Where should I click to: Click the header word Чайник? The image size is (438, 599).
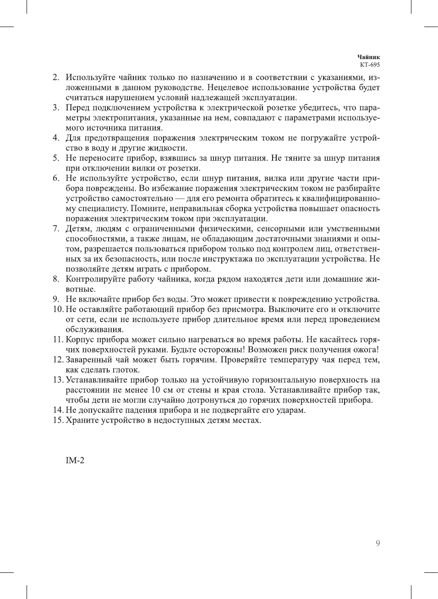coord(368,57)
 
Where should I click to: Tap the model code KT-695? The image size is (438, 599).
coord(370,65)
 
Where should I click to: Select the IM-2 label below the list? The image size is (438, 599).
coord(75,461)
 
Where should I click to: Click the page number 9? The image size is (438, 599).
coord(378,544)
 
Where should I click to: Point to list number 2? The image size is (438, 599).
coord(56,77)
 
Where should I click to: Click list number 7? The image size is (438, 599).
coord(56,229)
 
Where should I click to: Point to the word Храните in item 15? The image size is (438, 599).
coord(82,420)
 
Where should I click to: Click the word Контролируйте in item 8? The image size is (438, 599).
coord(95,279)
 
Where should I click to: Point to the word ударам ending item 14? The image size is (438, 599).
coord(291,410)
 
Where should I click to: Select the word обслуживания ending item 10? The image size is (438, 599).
coord(94,330)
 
